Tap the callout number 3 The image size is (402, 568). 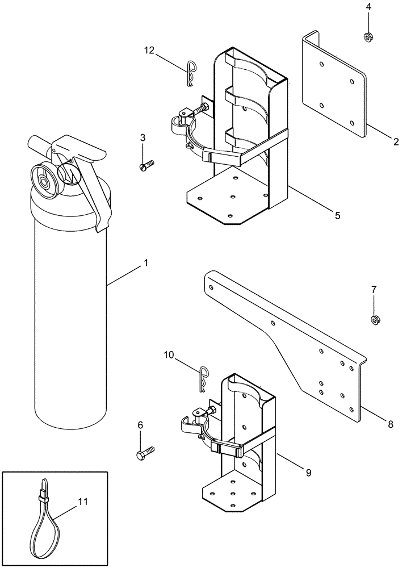(x=143, y=137)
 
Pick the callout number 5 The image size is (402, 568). (x=337, y=215)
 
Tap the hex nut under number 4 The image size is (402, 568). (x=368, y=37)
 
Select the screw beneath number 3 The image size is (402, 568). (x=144, y=166)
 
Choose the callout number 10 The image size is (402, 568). (x=169, y=354)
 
